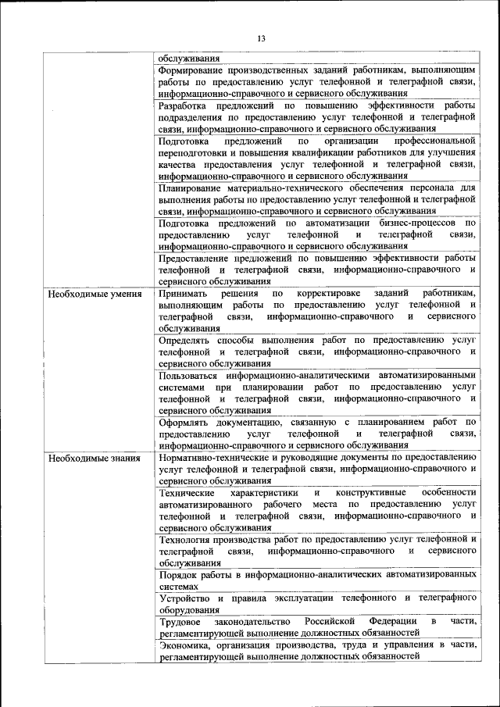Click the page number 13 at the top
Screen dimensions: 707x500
tap(261, 38)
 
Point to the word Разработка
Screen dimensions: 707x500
tap(184, 105)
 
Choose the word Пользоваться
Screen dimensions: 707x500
tap(191, 375)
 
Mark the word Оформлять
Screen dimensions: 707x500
tap(184, 422)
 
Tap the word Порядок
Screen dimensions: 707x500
tap(177, 574)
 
